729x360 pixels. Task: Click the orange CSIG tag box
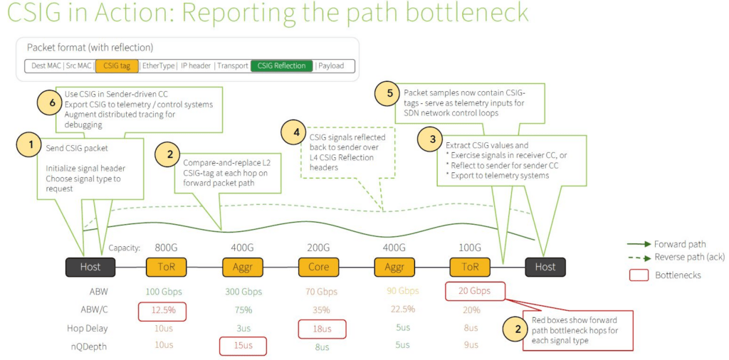[117, 66]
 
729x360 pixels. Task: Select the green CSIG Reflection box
[282, 66]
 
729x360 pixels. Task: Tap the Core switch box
[318, 267]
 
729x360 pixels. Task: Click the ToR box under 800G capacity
[166, 267]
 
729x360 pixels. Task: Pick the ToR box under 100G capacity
[470, 267]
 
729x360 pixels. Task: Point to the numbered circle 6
[53, 102]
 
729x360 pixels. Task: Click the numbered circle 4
[294, 132]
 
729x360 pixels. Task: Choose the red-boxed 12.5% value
[162, 311]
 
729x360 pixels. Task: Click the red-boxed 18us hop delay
[322, 329]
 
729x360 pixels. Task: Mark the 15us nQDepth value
[243, 346]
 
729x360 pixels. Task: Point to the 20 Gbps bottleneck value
[475, 292]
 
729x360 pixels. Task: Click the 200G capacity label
[319, 247]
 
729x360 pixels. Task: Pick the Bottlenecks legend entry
[665, 275]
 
